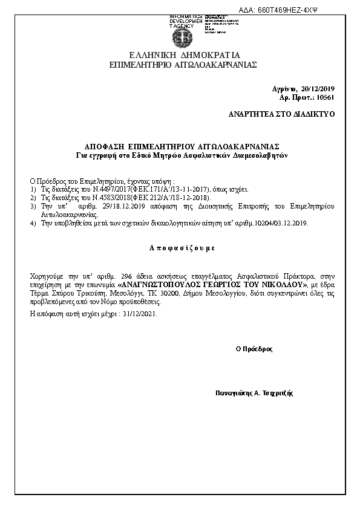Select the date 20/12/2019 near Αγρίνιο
[318, 89]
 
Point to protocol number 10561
[325, 97]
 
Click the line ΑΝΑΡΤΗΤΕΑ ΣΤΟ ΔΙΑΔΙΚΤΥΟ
[281, 114]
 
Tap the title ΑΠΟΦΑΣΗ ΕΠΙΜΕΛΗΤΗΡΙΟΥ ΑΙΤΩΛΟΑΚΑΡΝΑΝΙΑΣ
[181, 147]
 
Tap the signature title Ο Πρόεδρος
[254, 349]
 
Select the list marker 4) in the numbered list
[33, 223]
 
